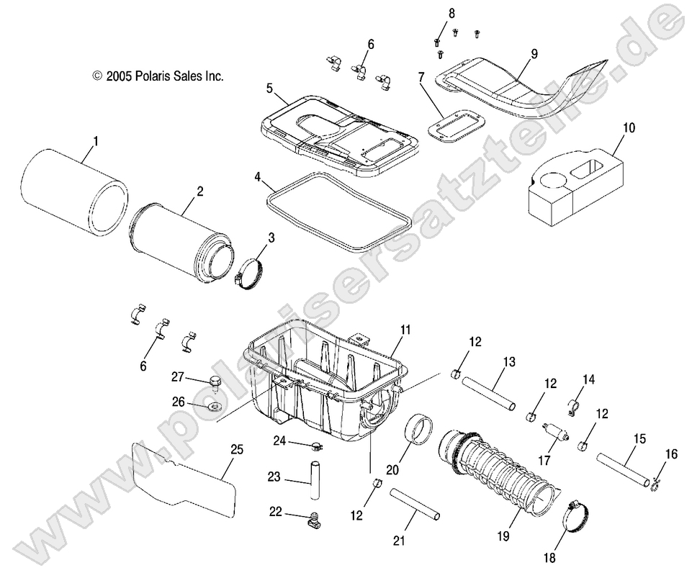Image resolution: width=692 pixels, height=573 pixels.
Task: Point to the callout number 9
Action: pyautogui.click(x=534, y=53)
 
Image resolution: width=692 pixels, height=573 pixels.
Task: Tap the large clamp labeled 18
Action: pyautogui.click(x=576, y=514)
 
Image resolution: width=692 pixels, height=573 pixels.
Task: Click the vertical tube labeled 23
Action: pyautogui.click(x=313, y=481)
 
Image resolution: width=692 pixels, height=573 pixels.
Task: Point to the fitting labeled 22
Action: pyautogui.click(x=315, y=517)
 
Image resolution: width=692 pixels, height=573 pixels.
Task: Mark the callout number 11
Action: pyautogui.click(x=405, y=330)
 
